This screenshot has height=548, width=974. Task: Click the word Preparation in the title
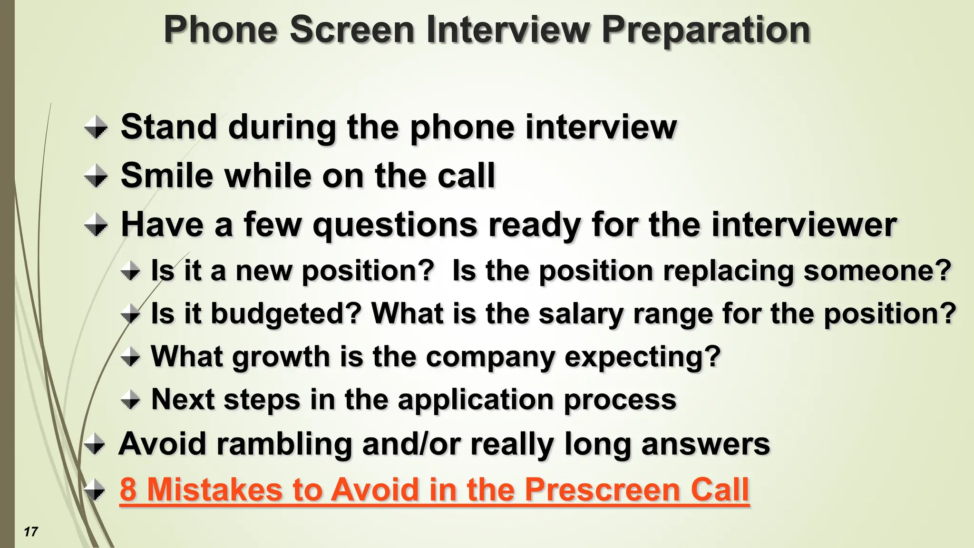tap(706, 30)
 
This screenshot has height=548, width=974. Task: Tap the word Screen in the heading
tap(352, 29)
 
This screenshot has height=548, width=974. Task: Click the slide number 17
tap(31, 531)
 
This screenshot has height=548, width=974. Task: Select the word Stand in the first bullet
tap(169, 127)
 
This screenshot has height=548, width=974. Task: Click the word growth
tap(281, 357)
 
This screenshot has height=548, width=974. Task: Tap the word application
tap(476, 400)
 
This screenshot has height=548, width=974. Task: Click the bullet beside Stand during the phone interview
tap(96, 127)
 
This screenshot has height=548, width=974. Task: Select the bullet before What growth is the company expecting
tap(130, 357)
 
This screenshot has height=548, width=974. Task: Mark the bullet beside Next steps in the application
tap(130, 400)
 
